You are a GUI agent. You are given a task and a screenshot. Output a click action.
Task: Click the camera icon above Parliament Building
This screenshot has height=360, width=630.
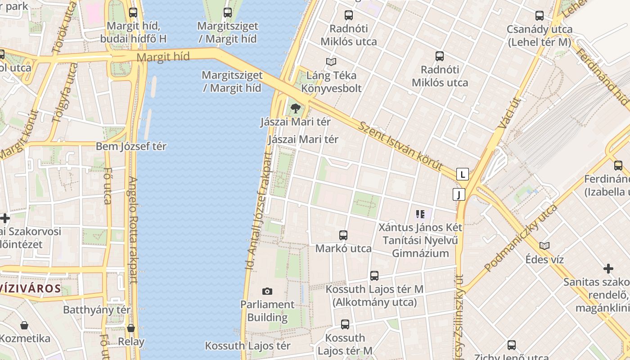click(x=267, y=292)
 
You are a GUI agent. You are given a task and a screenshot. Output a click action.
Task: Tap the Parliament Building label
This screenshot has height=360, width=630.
click(x=267, y=311)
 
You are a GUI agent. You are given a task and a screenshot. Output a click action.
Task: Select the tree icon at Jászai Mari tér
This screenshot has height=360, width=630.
click(x=295, y=108)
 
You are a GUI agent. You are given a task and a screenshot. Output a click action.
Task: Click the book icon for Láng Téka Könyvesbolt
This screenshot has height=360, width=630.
click(x=331, y=62)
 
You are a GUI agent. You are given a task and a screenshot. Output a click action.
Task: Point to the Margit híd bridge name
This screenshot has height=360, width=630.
click(x=163, y=57)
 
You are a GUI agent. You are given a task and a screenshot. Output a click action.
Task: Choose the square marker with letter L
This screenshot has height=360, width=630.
click(x=463, y=174)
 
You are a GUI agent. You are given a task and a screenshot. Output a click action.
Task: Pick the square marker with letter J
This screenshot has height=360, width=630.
click(x=459, y=194)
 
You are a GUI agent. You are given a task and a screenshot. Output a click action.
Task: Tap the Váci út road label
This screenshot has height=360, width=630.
click(x=509, y=112)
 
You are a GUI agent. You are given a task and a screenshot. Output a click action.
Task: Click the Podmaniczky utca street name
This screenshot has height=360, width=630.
click(x=521, y=238)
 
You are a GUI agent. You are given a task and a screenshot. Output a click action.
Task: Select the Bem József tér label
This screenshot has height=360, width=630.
click(x=131, y=147)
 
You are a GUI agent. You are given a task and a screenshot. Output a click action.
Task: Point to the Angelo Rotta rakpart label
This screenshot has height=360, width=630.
click(x=133, y=229)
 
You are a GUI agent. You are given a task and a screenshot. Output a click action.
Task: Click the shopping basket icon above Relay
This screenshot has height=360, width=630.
click(x=131, y=328)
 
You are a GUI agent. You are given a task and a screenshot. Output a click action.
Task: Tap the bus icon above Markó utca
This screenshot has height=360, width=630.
click(x=343, y=235)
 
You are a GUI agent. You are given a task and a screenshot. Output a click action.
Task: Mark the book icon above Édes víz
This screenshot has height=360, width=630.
click(x=544, y=246)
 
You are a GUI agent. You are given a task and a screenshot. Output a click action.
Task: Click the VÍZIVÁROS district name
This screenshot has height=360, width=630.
click(x=31, y=288)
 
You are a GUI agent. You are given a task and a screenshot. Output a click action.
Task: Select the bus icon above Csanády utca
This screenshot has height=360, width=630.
click(x=540, y=16)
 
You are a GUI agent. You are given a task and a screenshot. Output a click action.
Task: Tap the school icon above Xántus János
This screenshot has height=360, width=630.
click(x=420, y=214)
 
